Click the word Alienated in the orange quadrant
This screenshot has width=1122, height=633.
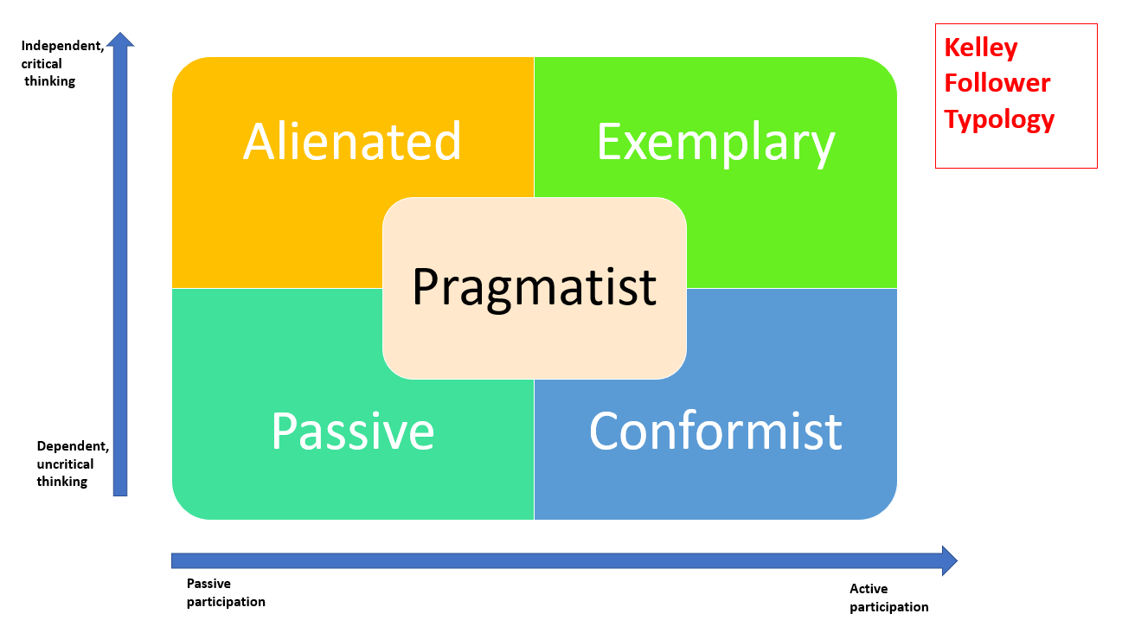click(352, 141)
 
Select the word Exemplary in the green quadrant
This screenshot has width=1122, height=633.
click(715, 143)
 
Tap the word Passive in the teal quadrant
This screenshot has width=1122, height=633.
click(352, 431)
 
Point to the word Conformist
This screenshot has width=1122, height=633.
click(715, 431)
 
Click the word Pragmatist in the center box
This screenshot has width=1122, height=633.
click(534, 287)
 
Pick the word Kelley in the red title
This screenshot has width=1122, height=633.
click(980, 47)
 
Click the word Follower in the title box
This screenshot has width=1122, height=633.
click(997, 83)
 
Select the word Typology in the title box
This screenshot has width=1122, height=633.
click(999, 119)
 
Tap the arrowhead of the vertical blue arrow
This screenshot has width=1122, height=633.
click(120, 40)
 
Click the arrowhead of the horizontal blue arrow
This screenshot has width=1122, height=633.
click(949, 560)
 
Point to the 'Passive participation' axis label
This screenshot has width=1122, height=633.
click(226, 592)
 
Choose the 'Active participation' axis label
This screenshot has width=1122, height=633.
click(888, 598)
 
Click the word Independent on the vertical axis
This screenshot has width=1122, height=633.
click(61, 46)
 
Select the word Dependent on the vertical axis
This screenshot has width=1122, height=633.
click(72, 446)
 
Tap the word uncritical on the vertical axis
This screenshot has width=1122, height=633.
click(65, 464)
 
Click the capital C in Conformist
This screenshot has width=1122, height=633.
click(606, 431)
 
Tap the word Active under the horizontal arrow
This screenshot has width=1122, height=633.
click(869, 589)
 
